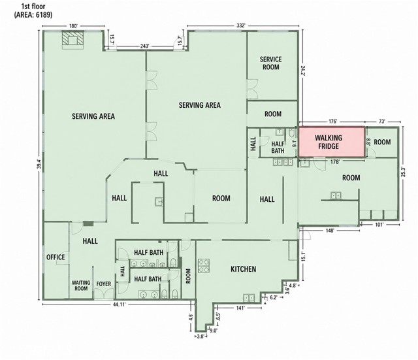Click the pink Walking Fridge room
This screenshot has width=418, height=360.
331,142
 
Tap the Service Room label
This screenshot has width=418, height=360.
271,63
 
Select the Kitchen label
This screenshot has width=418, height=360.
244,269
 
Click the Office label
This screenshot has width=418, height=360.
56,257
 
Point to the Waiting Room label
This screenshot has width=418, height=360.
81,286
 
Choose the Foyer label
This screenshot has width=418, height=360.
104,284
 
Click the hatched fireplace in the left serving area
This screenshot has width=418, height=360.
73,40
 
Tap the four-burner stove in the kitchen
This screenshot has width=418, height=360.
204,266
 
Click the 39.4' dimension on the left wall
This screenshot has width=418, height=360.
39,164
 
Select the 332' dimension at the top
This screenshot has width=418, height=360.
241,25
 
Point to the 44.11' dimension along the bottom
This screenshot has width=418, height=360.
119,304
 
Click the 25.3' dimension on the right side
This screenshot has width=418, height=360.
403,172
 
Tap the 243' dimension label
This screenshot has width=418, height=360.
144,46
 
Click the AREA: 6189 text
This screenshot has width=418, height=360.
33,14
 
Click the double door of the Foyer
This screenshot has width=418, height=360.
104,294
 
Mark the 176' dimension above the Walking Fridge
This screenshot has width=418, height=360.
332,122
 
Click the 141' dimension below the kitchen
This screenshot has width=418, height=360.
240,308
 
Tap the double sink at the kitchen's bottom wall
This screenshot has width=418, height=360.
248,297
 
